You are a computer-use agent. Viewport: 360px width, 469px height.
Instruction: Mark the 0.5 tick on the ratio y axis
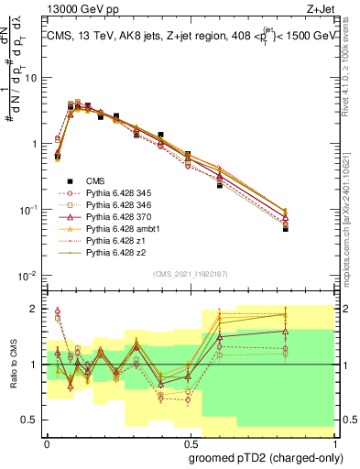(x=31, y=421)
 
